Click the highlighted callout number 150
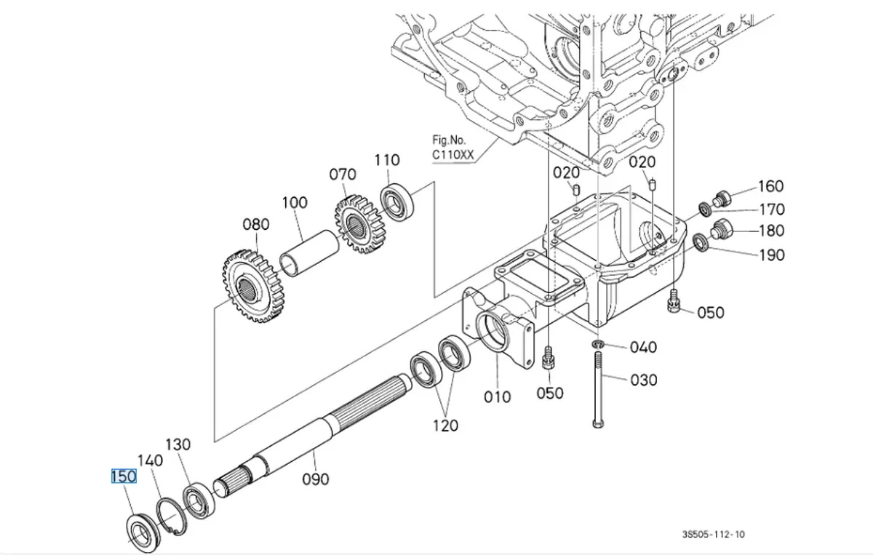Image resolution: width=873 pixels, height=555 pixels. tap(124, 476)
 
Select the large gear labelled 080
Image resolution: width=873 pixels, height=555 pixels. tap(253, 286)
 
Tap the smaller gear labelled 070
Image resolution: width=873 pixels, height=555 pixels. tap(359, 224)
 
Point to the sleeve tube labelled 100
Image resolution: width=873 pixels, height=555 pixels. tap(310, 253)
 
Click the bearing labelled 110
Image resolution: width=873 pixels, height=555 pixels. tap(396, 202)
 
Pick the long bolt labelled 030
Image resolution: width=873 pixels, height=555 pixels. tap(598, 389)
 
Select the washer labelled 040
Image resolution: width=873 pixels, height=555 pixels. tap(597, 344)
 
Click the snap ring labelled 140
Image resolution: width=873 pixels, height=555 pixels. tap(172, 516)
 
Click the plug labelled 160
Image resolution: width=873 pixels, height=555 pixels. tap(722, 199)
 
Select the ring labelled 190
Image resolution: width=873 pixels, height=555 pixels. tap(701, 242)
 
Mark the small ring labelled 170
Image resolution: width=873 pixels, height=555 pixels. tap(706, 209)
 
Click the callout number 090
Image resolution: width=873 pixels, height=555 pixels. tap(316, 479)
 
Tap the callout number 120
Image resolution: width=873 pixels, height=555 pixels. tap(446, 426)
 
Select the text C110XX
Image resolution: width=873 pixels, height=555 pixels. tap(453, 155)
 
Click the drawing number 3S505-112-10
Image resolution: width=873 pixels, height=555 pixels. tap(713, 534)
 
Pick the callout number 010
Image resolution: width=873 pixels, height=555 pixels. tap(497, 397)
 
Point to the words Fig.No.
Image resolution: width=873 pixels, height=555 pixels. tap(449, 140)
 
